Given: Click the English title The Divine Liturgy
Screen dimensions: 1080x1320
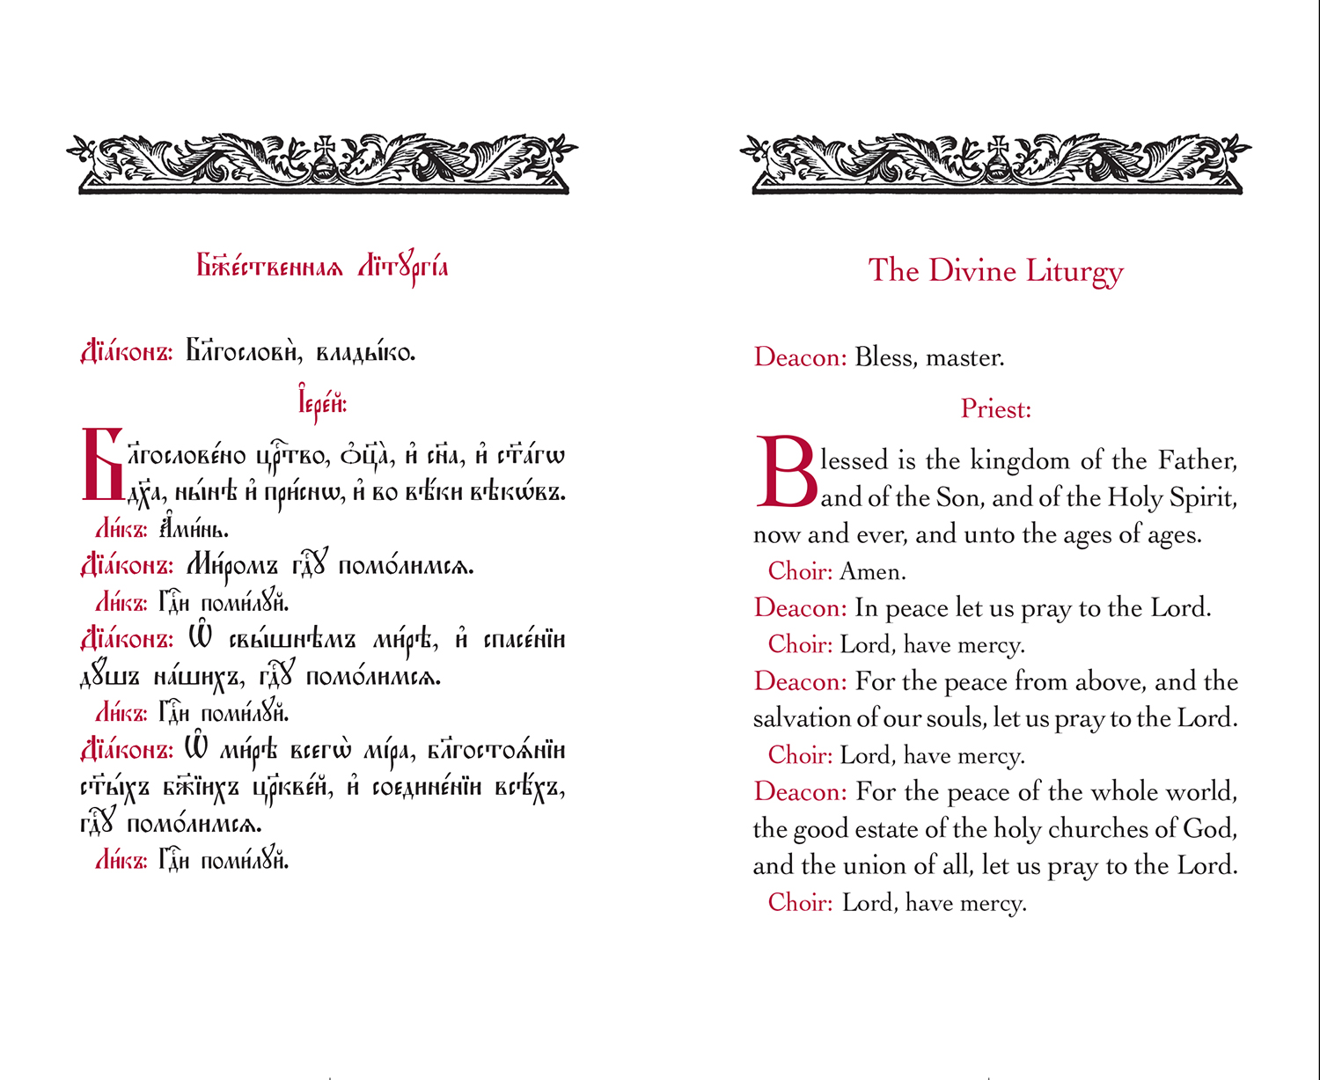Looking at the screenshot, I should click(x=995, y=271).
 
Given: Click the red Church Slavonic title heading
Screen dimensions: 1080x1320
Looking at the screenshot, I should click(x=322, y=266).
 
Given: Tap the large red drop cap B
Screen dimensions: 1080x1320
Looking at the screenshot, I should click(x=785, y=472).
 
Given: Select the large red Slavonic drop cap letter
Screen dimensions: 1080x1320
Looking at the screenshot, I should click(x=102, y=465).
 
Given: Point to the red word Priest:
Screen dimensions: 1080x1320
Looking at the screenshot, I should click(x=995, y=409).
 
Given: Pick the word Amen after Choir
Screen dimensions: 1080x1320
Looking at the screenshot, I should click(x=872, y=572).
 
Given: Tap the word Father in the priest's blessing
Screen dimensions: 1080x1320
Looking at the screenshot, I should click(x=1197, y=460).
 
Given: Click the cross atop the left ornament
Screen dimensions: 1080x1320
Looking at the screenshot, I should click(x=325, y=144).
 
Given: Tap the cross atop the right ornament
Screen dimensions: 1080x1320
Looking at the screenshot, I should click(x=998, y=144).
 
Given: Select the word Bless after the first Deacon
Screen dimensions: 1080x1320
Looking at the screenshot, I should click(x=883, y=358).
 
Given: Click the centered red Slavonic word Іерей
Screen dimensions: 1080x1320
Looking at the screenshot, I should click(x=322, y=404).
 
